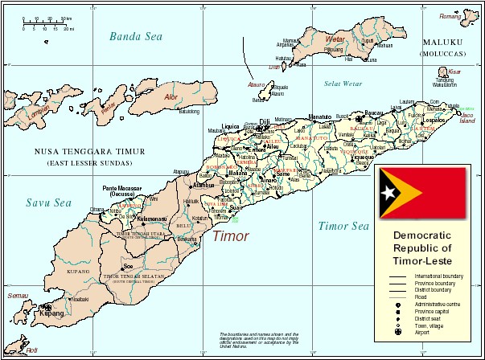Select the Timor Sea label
342,227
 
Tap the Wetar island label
335,38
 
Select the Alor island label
171,97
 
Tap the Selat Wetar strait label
343,84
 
